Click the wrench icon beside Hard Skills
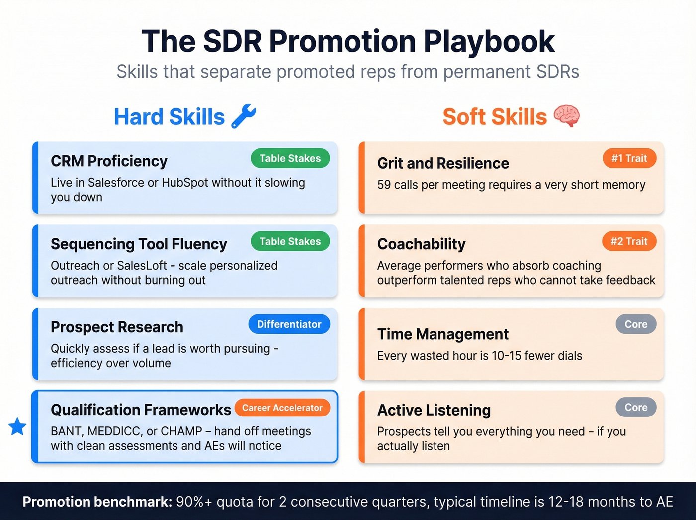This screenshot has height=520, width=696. [244, 116]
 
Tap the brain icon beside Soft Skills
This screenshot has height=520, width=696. [566, 116]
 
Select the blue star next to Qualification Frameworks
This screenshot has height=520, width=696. [17, 426]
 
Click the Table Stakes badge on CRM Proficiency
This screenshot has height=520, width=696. [290, 158]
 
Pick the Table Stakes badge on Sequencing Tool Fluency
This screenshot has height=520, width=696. [290, 241]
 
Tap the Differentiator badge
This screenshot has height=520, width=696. [289, 324]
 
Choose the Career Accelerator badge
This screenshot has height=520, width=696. [282, 408]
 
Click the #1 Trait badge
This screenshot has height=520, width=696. [629, 158]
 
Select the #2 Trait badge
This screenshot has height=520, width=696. [629, 241]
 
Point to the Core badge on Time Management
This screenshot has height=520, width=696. [636, 324]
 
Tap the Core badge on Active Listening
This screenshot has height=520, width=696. [636, 407]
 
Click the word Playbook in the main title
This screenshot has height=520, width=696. [489, 41]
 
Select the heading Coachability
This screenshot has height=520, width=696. [421, 244]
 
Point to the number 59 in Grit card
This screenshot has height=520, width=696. [384, 185]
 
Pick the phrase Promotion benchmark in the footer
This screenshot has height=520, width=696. [97, 502]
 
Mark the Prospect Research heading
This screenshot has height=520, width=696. [117, 327]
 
